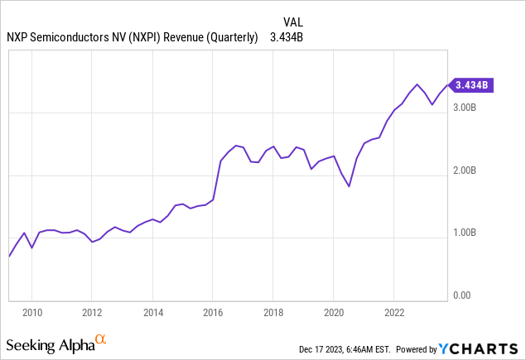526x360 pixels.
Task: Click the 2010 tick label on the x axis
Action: (32, 312)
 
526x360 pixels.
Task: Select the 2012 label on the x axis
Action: (92, 312)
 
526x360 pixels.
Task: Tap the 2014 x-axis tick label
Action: (152, 312)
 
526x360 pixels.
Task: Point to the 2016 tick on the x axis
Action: (213, 312)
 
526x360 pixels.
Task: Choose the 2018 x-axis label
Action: (273, 312)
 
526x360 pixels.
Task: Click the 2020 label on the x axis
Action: (333, 312)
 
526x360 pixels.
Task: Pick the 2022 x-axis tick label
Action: (393, 312)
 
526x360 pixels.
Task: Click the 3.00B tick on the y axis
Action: (465, 108)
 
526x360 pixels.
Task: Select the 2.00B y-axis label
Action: (465, 170)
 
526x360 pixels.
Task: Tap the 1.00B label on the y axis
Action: (465, 233)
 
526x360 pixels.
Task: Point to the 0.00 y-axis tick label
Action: (461, 295)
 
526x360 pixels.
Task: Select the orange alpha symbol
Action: (100, 339)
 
